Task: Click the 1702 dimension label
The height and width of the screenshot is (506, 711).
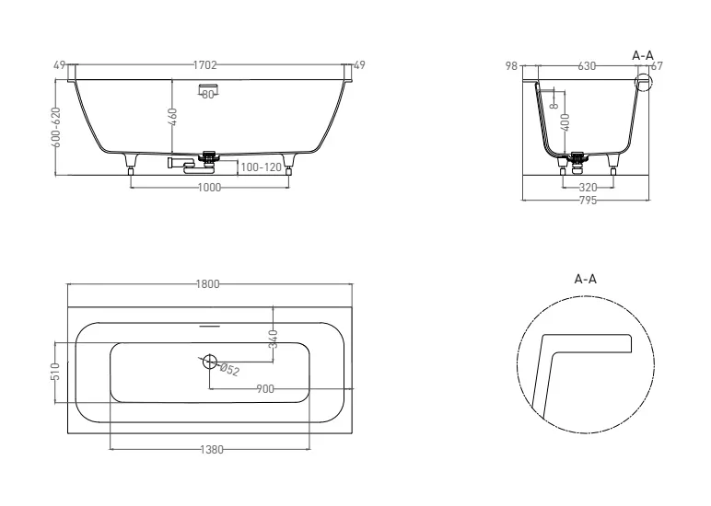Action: pos(205,65)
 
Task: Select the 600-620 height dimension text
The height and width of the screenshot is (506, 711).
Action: pos(56,127)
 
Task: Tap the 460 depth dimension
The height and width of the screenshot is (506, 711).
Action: pos(173,117)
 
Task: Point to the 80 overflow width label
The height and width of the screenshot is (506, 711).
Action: pos(207,95)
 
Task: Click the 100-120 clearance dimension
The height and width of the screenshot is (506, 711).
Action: pos(262,167)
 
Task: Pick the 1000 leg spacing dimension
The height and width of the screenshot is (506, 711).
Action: pos(209,188)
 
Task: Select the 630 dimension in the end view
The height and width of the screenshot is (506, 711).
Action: pos(587,66)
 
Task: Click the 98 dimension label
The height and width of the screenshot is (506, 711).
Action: pos(511,66)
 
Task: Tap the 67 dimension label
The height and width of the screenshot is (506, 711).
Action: pos(657,66)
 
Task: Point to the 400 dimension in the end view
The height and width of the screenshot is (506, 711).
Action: pos(565,122)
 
